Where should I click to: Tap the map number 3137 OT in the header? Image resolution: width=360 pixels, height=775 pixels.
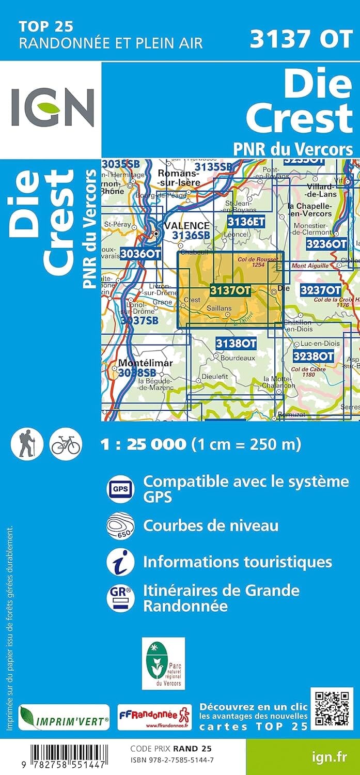click(x=301, y=39)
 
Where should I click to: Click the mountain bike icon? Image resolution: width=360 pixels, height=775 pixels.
click(x=65, y=444)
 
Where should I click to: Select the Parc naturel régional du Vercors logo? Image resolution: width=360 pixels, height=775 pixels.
click(x=163, y=663)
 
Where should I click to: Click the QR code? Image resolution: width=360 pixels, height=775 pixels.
click(x=332, y=708)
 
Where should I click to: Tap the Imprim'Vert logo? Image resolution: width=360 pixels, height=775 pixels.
click(x=64, y=718)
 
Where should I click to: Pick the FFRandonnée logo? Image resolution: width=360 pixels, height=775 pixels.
click(x=154, y=718)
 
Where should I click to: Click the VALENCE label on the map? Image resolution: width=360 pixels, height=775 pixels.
click(x=187, y=226)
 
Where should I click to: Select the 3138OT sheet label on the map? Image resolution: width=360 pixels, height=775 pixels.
click(x=236, y=344)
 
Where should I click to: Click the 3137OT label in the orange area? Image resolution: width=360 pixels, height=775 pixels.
click(x=230, y=291)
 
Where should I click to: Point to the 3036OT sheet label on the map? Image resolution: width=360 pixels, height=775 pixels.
click(x=140, y=254)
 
